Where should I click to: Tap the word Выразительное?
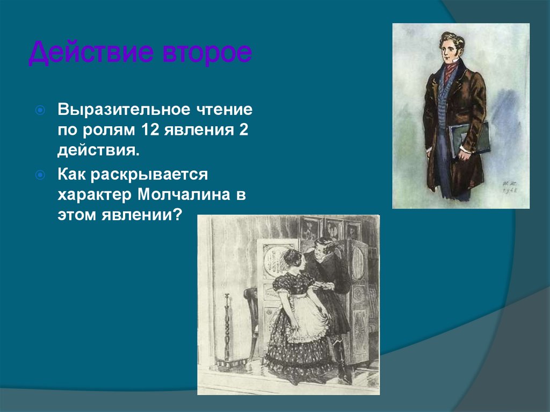tap(124, 110)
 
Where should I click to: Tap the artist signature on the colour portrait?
tap(508, 186)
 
